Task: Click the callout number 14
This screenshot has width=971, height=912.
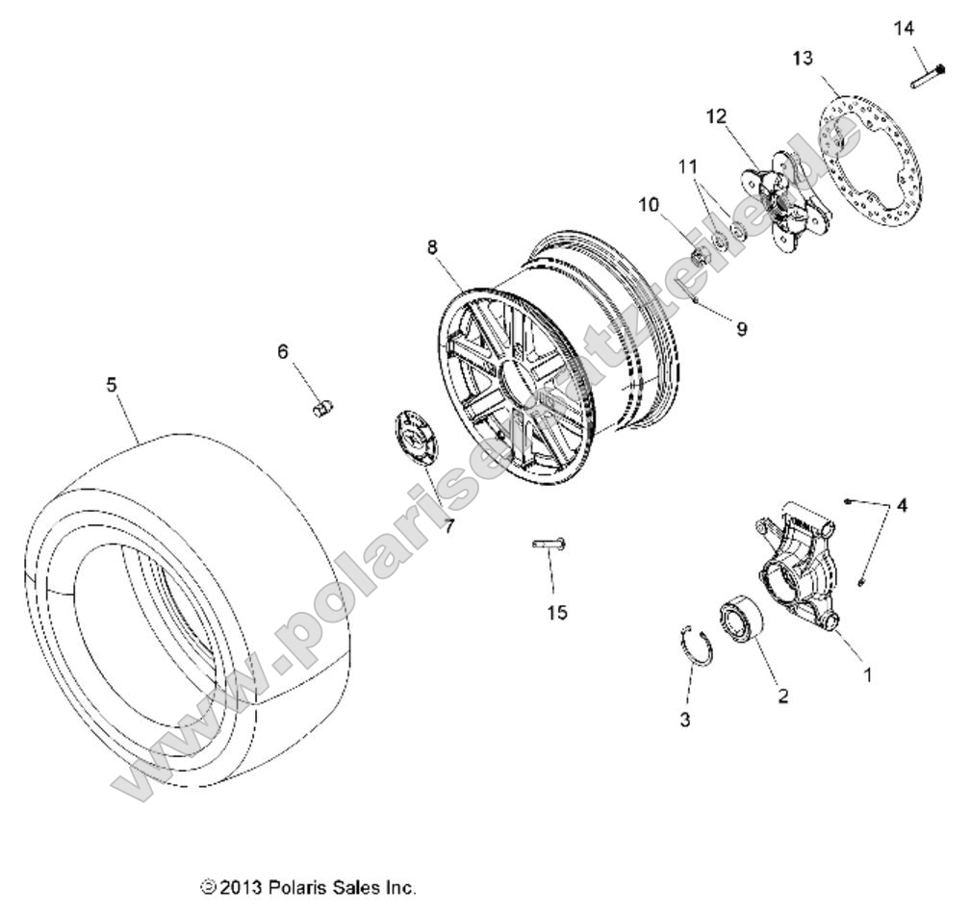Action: click(x=903, y=28)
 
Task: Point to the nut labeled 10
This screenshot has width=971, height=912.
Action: click(x=702, y=257)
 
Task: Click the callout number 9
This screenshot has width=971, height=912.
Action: click(x=741, y=329)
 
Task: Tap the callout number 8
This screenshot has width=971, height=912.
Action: click(x=432, y=247)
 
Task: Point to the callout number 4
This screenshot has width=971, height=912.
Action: click(x=901, y=504)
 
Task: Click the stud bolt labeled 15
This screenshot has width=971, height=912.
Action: click(x=549, y=545)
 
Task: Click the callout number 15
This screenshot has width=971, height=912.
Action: click(x=556, y=612)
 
